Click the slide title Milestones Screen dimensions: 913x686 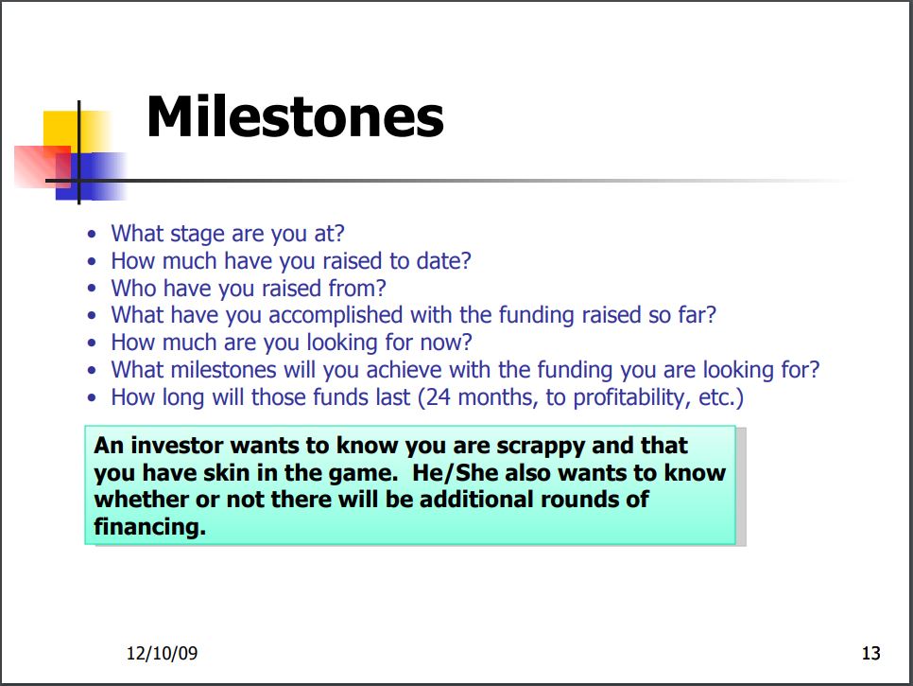click(295, 116)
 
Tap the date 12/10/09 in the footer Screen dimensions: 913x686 click(162, 653)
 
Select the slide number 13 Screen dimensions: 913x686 click(871, 654)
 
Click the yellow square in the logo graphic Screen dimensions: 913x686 click(76, 132)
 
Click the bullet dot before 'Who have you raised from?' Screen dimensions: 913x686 click(92, 288)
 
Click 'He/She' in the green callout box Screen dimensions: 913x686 click(455, 473)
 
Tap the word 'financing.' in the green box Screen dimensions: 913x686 click(150, 527)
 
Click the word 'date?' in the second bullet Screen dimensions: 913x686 click(443, 261)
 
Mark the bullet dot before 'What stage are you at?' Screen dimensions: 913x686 click(92, 235)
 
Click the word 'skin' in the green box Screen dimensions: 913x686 click(226, 473)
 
